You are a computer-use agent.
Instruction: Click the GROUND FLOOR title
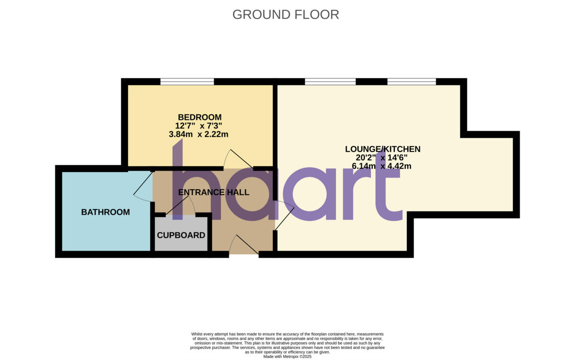(286, 14)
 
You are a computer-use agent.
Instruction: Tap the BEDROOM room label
(200, 117)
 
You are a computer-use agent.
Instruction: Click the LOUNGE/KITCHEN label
(382, 149)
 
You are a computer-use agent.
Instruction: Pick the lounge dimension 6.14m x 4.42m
(382, 166)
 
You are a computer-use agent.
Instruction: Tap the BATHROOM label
(105, 212)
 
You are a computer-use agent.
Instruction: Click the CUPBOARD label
(181, 235)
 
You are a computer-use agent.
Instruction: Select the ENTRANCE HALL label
(214, 192)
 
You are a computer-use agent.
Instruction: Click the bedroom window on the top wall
(187, 82)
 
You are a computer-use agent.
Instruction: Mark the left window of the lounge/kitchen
(330, 82)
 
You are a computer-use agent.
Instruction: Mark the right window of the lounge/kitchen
(412, 82)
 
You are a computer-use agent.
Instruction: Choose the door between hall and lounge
(285, 219)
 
